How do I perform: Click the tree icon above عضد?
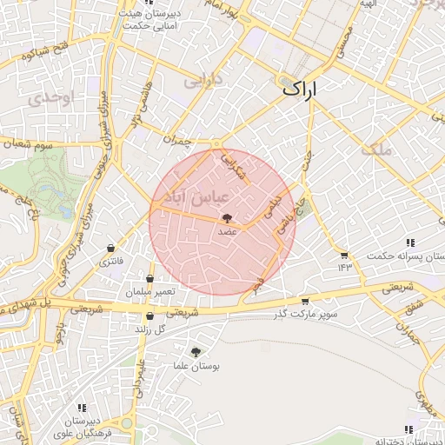coord(227,219)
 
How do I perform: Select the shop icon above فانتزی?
coord(110,248)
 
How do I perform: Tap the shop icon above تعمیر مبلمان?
coord(150,279)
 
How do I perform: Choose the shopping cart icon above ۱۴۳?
coord(344,255)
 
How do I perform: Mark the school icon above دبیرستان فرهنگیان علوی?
coord(83,407)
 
